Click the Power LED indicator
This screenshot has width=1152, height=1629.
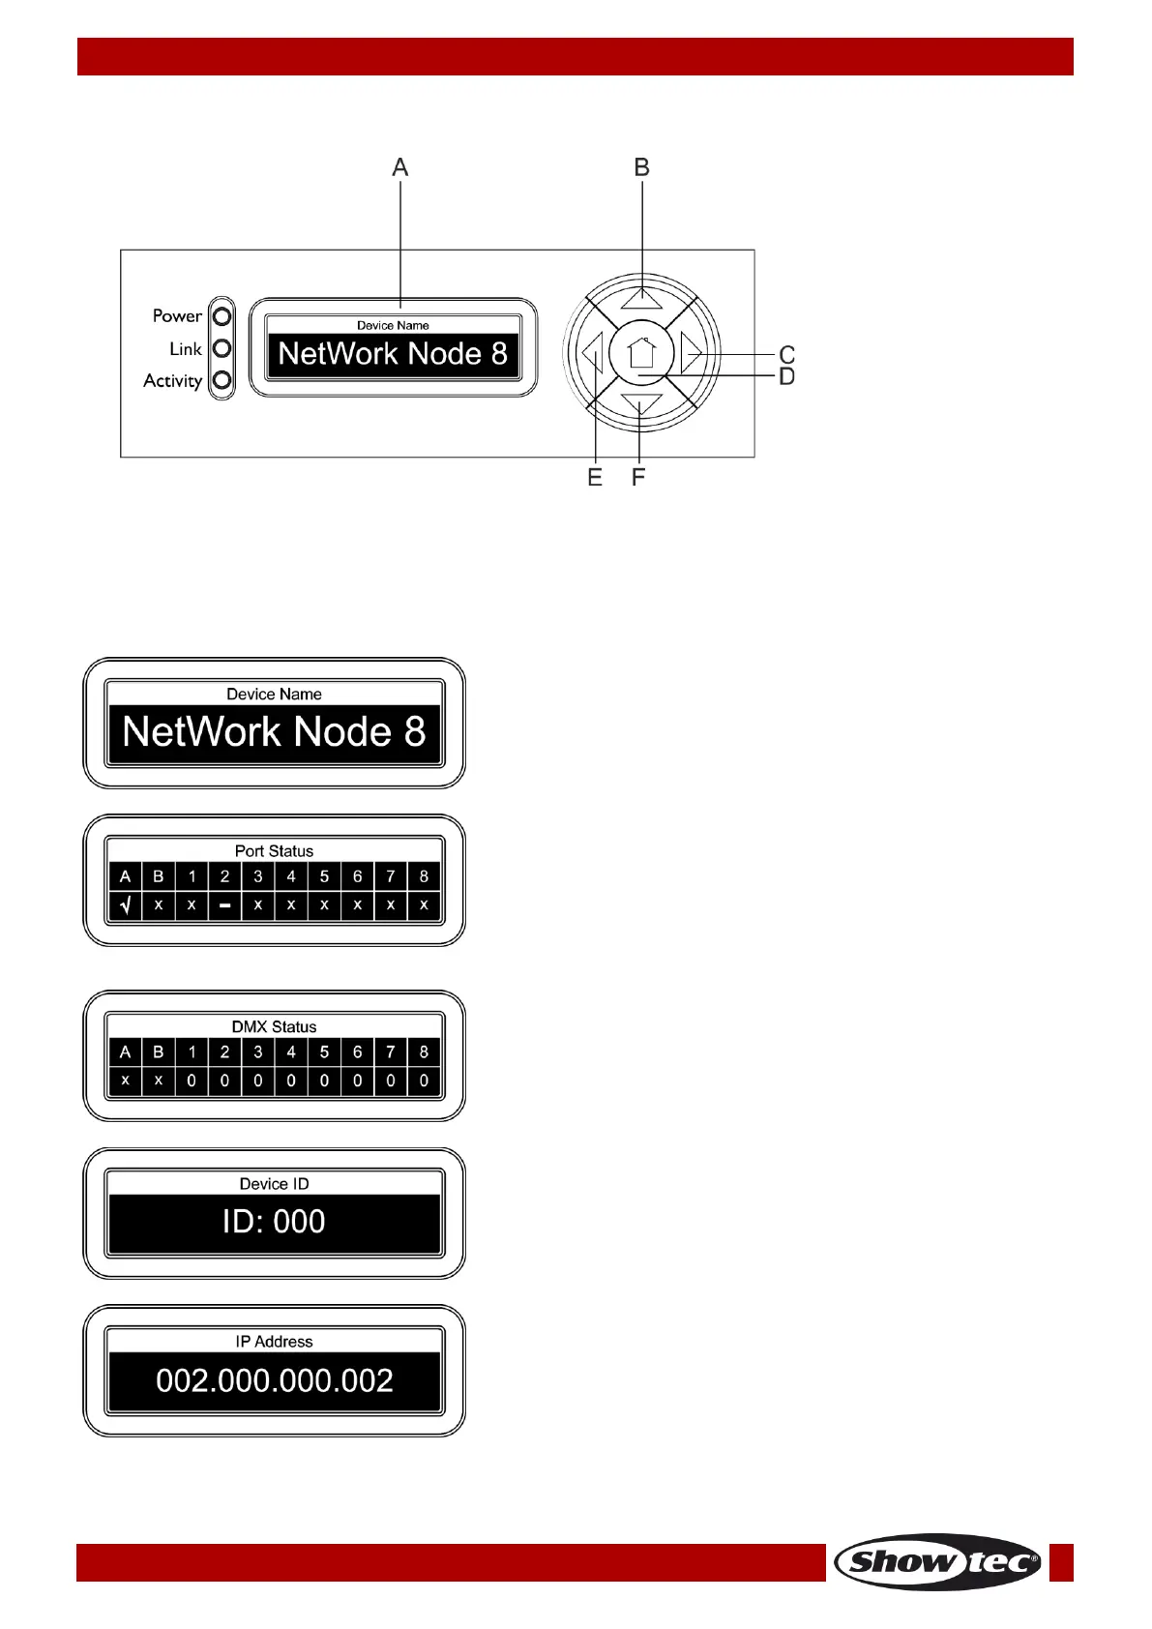point(222,316)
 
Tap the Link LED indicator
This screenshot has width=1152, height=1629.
point(222,348)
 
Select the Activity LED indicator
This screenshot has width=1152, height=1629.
point(222,380)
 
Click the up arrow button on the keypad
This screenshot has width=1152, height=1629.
point(641,297)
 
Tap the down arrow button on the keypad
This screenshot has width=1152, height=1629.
point(641,404)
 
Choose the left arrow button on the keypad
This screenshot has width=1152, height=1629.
point(592,353)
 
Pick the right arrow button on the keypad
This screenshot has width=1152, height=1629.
point(691,352)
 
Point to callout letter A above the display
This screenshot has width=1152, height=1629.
point(400,168)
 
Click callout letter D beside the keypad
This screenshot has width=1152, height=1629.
point(787,376)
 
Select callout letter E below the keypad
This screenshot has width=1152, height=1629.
point(595,478)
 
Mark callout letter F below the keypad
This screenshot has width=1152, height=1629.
point(638,478)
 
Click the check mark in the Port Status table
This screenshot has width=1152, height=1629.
point(126,905)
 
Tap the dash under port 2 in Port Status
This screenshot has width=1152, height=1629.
point(224,906)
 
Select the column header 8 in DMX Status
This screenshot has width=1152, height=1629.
point(424,1052)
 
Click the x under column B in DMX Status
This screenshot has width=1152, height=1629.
point(159,1081)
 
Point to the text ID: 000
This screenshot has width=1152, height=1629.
point(274,1222)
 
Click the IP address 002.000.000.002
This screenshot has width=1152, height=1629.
point(275,1380)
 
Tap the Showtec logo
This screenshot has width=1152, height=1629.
point(937,1561)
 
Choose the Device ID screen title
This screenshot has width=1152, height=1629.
point(275,1184)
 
